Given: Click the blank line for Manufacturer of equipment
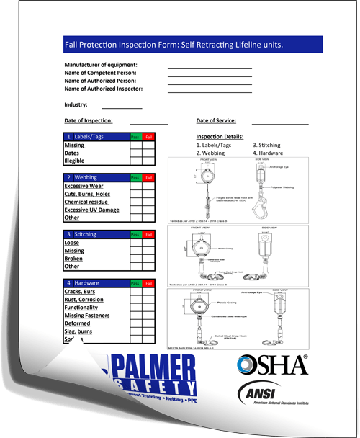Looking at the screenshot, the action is pos(210,66).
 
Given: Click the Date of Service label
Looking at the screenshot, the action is pos(216,120).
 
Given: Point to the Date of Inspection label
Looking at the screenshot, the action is pos(88,120).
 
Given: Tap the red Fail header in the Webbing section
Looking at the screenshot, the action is pos(148,177).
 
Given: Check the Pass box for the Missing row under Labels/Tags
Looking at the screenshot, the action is pos(136,145).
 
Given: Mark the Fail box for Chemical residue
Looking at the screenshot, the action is pos(148,202).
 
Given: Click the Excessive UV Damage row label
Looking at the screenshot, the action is pos(91,210).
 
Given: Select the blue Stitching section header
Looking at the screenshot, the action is pos(96,234).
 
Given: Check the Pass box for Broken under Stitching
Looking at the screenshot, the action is pos(136,259).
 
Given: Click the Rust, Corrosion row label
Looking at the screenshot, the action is pos(84,300).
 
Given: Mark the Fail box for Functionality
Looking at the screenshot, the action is pos(148,308).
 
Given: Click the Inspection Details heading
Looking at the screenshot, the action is pos(220,136).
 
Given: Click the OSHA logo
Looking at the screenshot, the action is pos(273,365).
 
